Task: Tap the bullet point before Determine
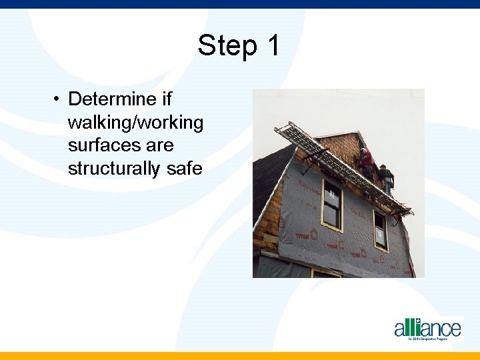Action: pos(59,99)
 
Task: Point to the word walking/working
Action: pos(135,123)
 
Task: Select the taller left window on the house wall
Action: pos(331,204)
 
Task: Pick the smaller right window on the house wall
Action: pos(380,231)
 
